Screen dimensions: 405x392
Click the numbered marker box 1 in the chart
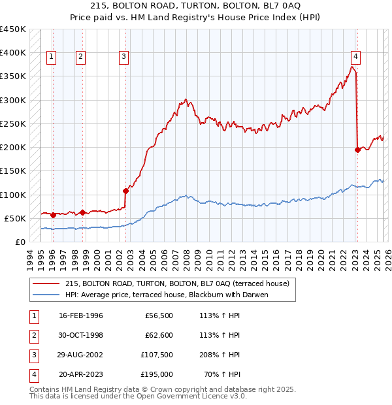point(52,57)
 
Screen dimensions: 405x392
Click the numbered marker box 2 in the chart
point(80,57)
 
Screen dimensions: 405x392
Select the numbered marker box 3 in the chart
point(123,57)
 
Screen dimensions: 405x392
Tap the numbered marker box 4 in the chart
point(355,57)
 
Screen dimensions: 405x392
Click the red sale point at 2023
point(357,150)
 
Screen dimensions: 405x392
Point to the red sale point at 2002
point(125,191)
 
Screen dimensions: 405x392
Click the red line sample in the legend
point(46,283)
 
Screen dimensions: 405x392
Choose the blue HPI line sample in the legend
point(46,295)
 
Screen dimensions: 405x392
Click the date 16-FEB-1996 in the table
point(80,316)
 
